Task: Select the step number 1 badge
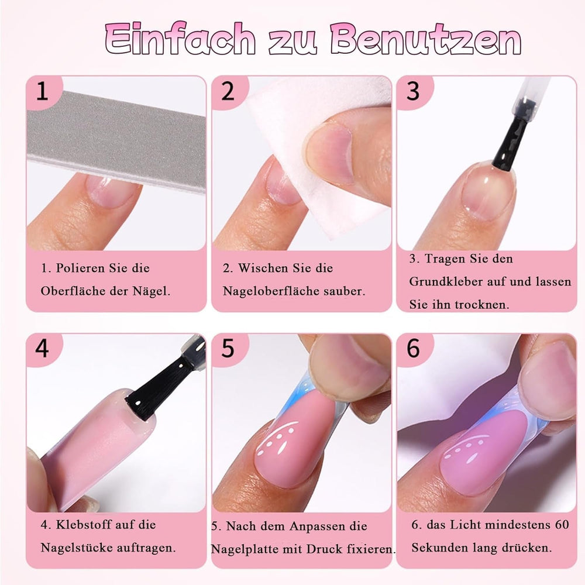(x=42, y=91)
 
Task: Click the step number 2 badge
(x=228, y=91)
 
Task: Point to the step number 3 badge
(x=413, y=91)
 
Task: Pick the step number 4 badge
(x=42, y=349)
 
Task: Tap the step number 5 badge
(x=228, y=349)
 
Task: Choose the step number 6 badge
(x=413, y=349)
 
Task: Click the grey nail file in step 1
(x=117, y=140)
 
